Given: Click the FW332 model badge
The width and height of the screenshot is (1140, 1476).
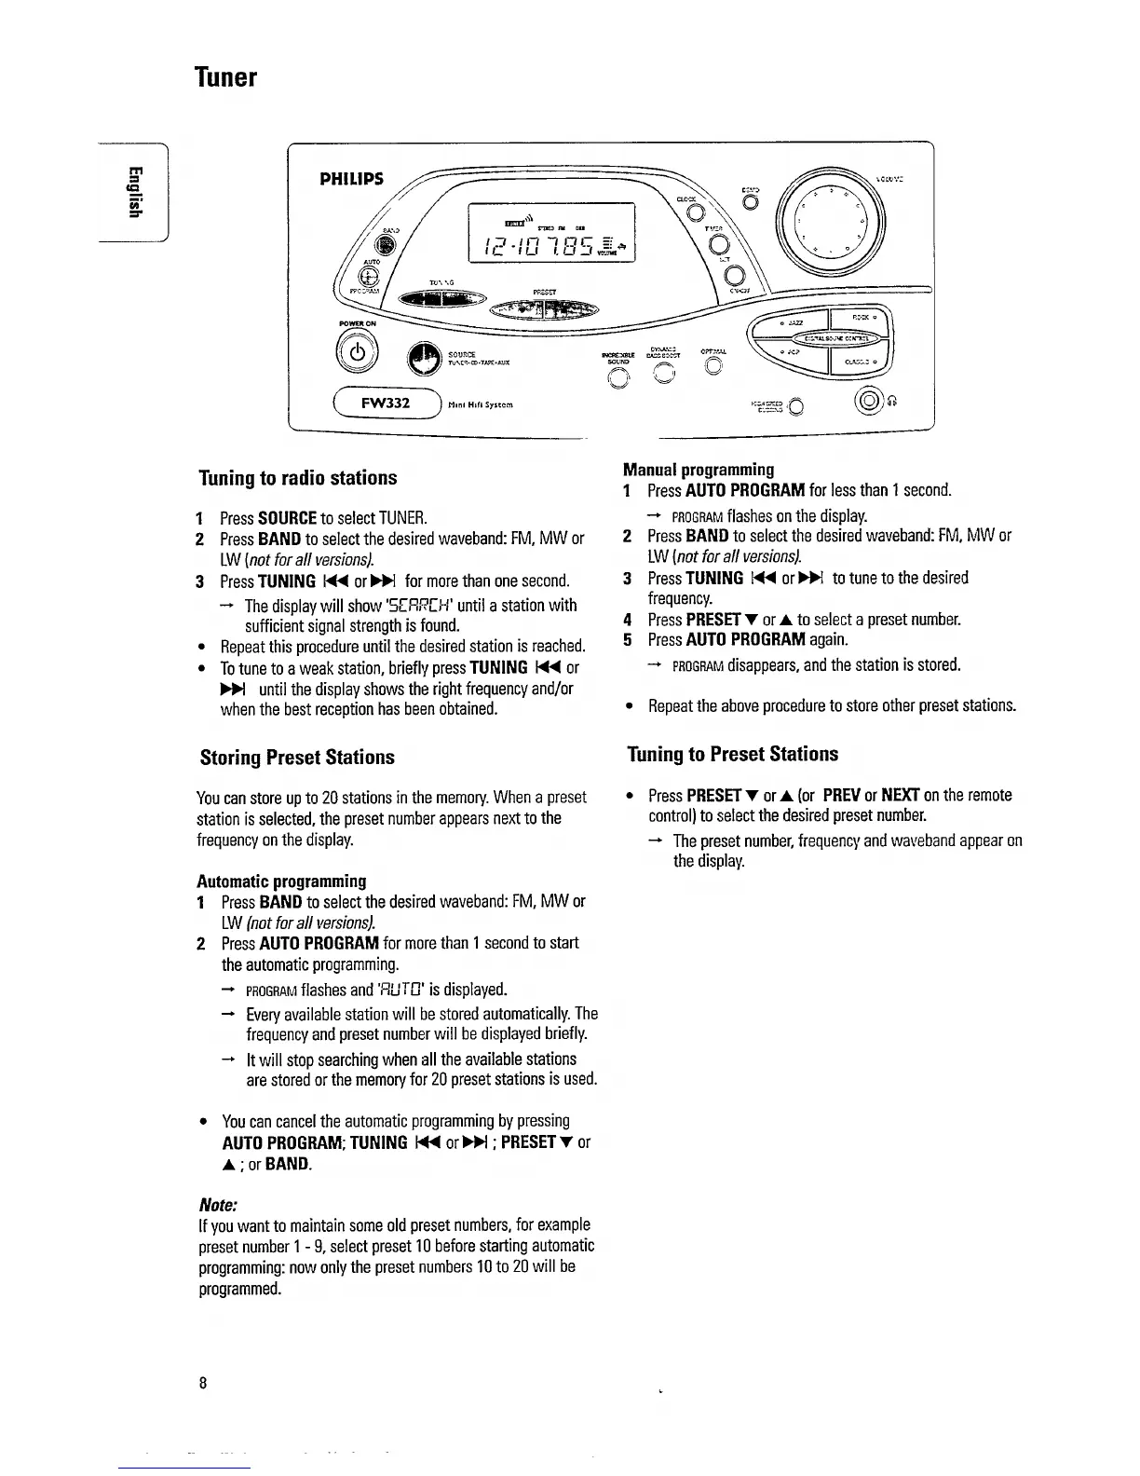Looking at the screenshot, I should [x=387, y=404].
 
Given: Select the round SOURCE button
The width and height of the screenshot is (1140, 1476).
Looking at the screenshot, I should [x=424, y=359].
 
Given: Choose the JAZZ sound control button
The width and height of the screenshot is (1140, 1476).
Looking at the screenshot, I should [x=794, y=322].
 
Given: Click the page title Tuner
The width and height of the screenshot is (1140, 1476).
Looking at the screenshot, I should [x=224, y=76].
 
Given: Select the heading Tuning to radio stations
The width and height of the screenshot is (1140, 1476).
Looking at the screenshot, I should [x=298, y=478].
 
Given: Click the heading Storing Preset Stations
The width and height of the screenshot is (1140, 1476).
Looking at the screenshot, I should [x=297, y=757].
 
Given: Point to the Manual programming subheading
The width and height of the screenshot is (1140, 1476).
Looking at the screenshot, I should [x=699, y=469].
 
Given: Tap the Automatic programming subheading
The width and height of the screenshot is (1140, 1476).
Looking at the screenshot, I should [x=281, y=881].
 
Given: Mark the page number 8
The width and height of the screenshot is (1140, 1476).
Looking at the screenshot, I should [x=202, y=1383].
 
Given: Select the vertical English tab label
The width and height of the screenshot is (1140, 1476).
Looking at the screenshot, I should [x=135, y=193].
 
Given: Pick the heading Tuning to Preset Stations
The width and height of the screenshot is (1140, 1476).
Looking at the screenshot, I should [x=732, y=754].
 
